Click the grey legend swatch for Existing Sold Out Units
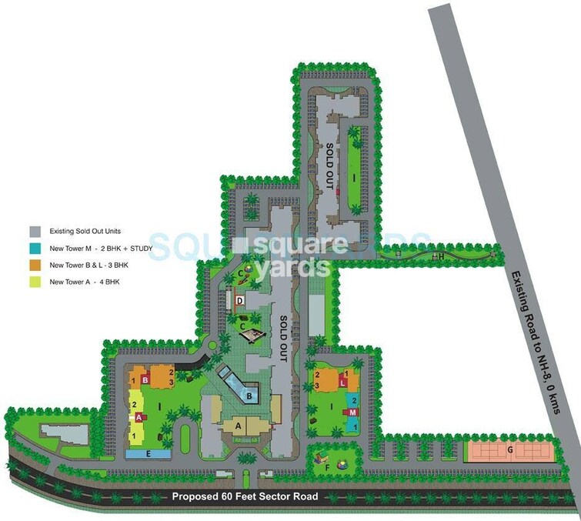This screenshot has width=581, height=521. (x=35, y=232)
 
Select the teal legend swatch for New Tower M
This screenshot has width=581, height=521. (x=35, y=249)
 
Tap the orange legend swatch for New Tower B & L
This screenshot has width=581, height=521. (x=35, y=266)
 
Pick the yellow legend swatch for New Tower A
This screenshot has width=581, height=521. (x=35, y=282)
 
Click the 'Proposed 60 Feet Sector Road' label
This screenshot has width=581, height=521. (x=245, y=496)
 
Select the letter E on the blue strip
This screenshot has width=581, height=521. (x=149, y=454)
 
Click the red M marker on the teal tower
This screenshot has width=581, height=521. (x=352, y=412)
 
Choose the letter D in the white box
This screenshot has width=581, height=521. (x=240, y=300)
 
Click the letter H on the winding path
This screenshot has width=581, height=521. (x=442, y=255)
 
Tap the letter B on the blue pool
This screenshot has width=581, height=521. (x=251, y=396)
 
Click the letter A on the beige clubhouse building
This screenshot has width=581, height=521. (x=239, y=425)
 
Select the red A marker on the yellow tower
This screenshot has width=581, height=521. (x=139, y=417)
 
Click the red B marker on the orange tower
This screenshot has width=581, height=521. (x=144, y=379)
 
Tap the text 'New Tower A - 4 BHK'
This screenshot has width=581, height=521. (x=85, y=282)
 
